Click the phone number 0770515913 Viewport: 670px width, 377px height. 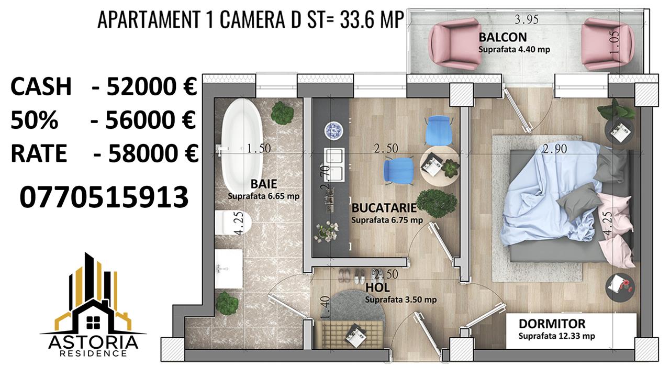[x=104, y=197]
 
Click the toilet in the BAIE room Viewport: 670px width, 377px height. [x=232, y=223]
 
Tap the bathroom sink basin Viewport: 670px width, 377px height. [x=229, y=269]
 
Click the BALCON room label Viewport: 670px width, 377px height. [x=503, y=37]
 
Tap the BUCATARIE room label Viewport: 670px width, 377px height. [x=384, y=208]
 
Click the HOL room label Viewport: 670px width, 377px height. [x=377, y=287]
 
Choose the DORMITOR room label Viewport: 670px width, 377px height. [x=552, y=324]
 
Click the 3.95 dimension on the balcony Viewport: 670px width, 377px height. [x=527, y=19]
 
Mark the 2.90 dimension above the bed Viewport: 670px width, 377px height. [x=555, y=149]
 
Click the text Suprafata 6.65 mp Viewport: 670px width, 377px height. [x=263, y=196]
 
